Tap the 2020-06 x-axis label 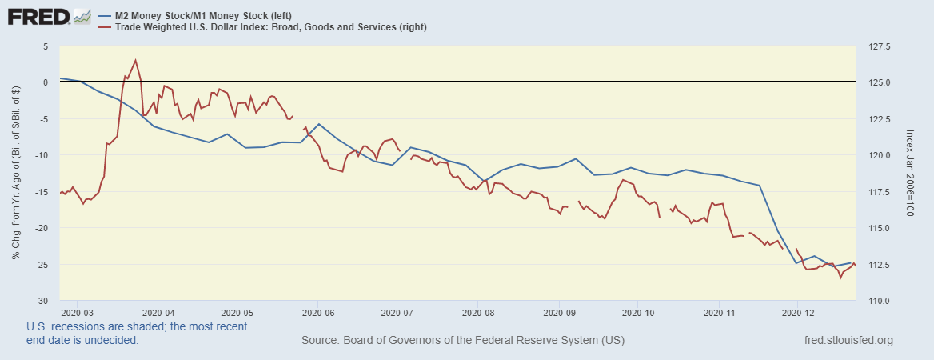tap(318, 311)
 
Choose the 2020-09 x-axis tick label tap(559, 311)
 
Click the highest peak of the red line tap(135, 60)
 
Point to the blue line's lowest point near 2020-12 tap(796, 263)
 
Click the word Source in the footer tap(319, 341)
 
